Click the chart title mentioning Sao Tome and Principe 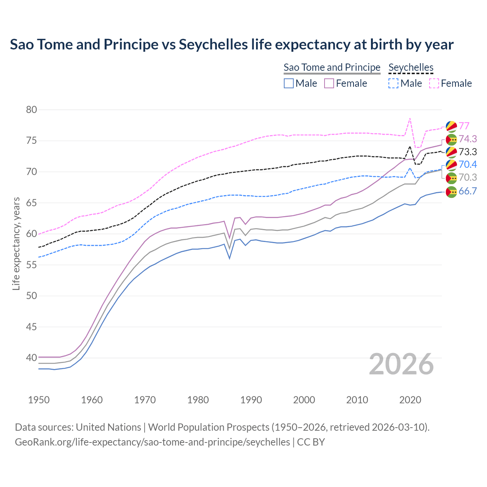point(231,45)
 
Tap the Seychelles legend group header point(411,68)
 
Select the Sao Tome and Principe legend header point(332,68)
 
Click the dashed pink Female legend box point(434,83)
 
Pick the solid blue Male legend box point(289,83)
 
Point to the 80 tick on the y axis point(32,110)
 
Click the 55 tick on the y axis point(32,265)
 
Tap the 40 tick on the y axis point(32,358)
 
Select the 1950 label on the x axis point(39,400)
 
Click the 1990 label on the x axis point(251,400)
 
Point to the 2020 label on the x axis point(410,400)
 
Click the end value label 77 point(464,126)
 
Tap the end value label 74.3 point(468,139)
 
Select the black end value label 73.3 point(468,152)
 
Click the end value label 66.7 point(468,191)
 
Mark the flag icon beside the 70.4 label point(451,165)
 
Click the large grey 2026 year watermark point(401,364)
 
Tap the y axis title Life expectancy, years point(16,243)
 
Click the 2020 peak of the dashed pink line point(410,118)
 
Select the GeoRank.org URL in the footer point(152,442)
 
